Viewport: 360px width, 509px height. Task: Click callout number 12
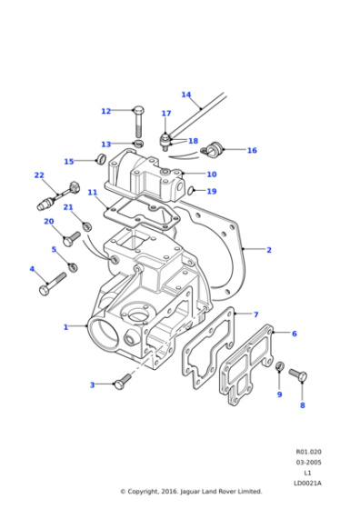point(105,111)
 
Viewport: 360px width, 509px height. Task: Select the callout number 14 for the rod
point(185,95)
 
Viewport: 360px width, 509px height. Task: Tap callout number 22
point(39,175)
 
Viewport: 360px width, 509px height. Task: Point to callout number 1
point(65,326)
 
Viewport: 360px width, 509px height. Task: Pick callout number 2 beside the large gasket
point(268,249)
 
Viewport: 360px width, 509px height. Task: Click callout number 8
point(303,405)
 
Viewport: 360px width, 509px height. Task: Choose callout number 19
point(212,191)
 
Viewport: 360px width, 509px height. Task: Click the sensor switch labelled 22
point(47,198)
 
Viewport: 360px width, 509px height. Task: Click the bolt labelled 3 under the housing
point(122,384)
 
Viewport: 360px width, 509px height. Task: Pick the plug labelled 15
point(101,162)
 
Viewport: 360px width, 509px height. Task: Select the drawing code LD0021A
point(307,482)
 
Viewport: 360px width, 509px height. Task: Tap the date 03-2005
point(307,462)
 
